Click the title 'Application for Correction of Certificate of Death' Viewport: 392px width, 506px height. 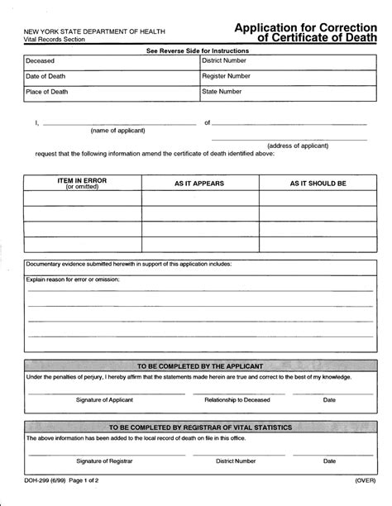(x=305, y=31)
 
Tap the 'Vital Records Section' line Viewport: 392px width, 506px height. (x=52, y=40)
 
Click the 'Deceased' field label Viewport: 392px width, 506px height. (x=41, y=61)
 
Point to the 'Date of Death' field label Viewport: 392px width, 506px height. (x=47, y=76)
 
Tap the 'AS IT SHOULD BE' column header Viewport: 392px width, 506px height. (x=318, y=183)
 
